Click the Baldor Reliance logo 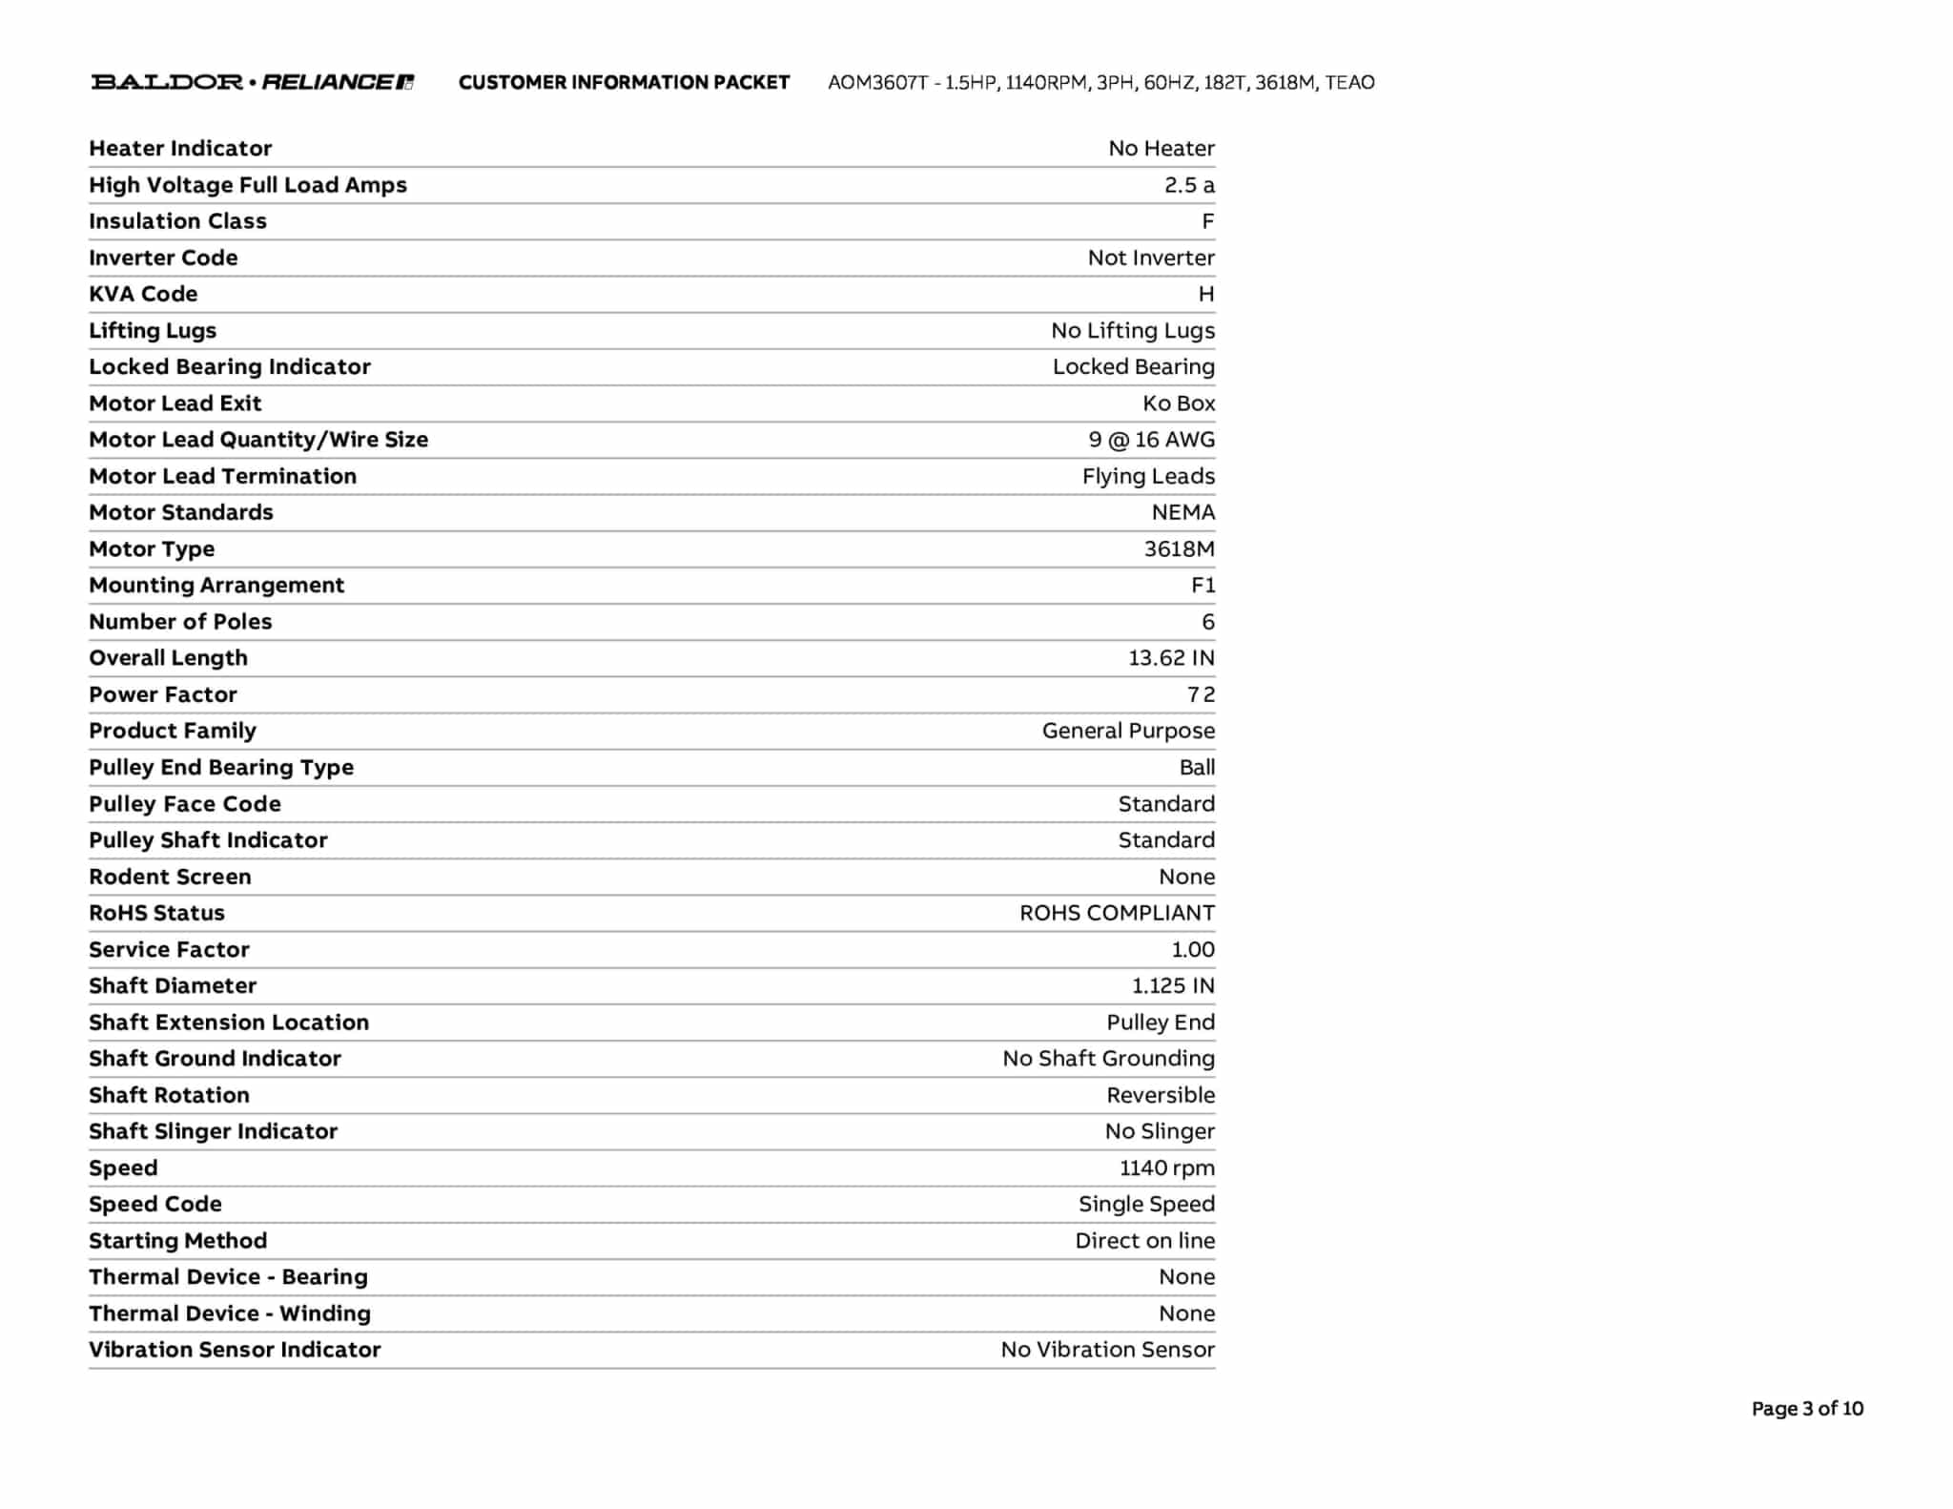point(253,82)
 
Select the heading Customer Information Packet point(624,82)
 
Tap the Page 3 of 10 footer point(1806,1408)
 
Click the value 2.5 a point(1188,185)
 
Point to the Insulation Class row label point(177,221)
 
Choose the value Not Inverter point(1150,258)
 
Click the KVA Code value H point(1205,294)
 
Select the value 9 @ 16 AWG point(1151,440)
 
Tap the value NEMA point(1182,512)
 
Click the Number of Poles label point(180,622)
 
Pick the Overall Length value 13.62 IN point(1171,658)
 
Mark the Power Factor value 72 point(1201,694)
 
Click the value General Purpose point(1128,731)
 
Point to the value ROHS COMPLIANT point(1117,913)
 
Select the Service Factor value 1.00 point(1192,949)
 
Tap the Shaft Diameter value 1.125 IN point(1173,985)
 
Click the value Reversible point(1161,1095)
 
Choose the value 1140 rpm point(1166,1168)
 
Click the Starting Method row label point(177,1240)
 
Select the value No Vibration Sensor point(1107,1350)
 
